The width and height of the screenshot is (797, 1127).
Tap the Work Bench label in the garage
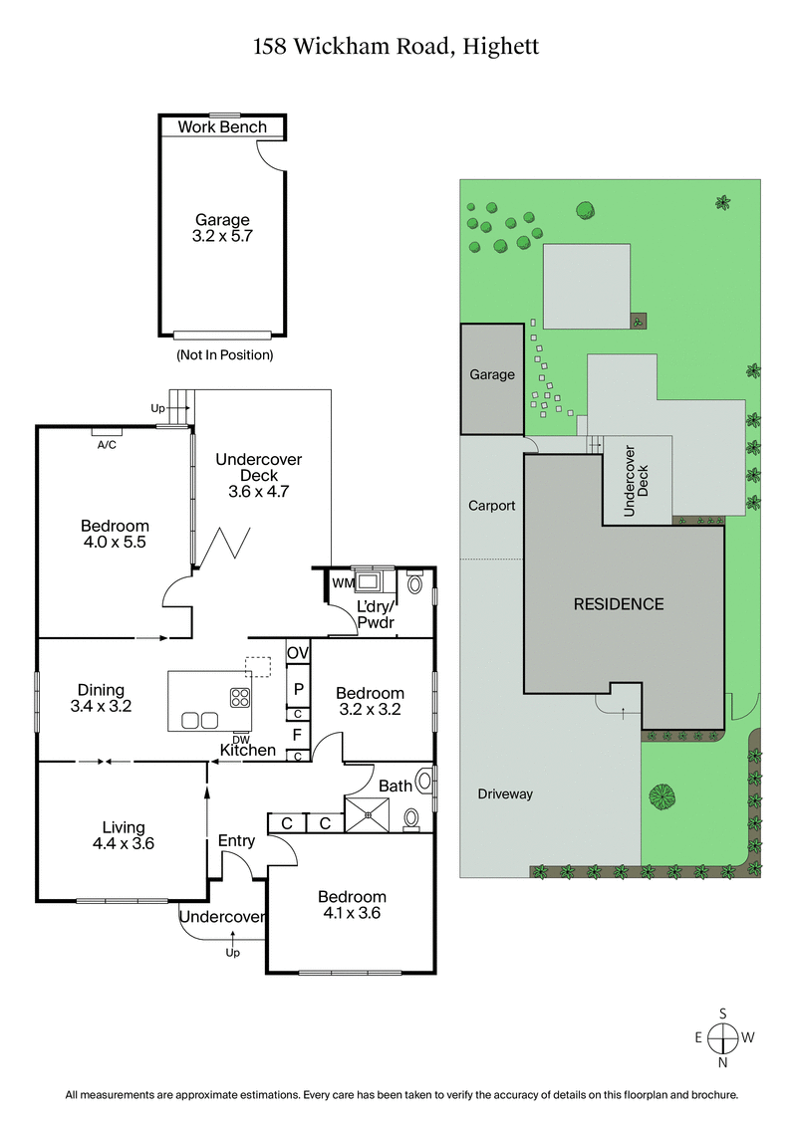(222, 127)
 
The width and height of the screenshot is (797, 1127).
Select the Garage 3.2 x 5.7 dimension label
(222, 228)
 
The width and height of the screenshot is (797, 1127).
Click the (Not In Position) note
(224, 354)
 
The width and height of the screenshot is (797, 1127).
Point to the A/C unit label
(107, 444)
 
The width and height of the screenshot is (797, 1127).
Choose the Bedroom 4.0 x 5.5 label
(116, 534)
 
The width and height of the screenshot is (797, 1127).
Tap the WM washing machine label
(342, 582)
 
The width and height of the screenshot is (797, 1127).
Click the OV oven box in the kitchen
(298, 653)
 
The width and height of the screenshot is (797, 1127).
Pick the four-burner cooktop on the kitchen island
(241, 697)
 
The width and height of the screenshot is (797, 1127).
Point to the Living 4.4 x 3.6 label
(124, 834)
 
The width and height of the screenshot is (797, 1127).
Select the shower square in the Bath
(368, 814)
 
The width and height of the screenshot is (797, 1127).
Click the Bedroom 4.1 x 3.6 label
(353, 904)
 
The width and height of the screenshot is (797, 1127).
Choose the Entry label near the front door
(236, 841)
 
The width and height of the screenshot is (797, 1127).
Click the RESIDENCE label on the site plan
(618, 603)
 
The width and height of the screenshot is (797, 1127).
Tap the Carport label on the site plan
(492, 506)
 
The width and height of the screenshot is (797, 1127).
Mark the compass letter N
(723, 1062)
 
